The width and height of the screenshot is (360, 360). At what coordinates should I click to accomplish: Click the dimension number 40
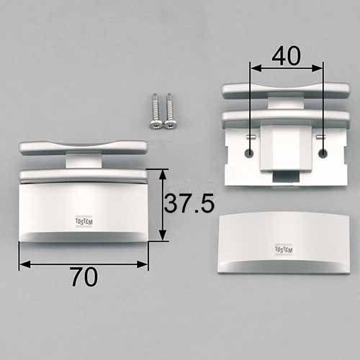click(286, 55)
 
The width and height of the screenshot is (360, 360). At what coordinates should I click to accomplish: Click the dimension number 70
click(84, 277)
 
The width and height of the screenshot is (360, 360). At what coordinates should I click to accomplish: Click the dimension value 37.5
click(189, 204)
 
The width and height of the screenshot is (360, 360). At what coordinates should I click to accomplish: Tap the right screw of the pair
click(170, 112)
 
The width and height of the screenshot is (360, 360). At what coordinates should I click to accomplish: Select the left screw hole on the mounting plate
click(250, 153)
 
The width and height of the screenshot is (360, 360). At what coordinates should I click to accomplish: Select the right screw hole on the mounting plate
click(323, 153)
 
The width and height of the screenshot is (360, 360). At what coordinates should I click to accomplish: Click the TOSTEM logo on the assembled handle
click(84, 222)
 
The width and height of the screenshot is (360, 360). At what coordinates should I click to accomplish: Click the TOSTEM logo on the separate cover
click(284, 249)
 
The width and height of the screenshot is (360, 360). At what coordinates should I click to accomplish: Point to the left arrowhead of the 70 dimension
click(24, 264)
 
